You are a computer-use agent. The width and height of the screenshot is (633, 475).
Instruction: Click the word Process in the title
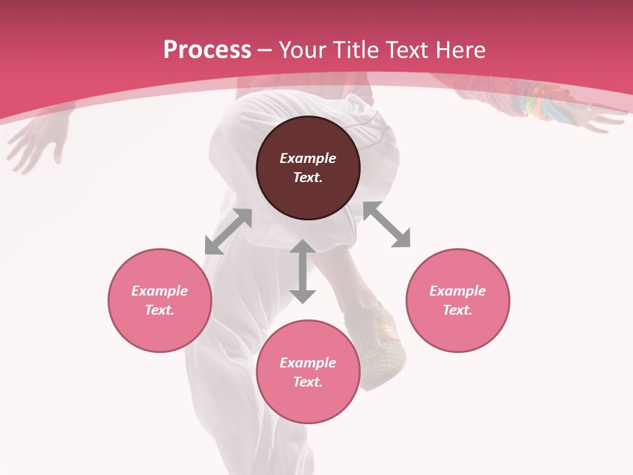(207, 50)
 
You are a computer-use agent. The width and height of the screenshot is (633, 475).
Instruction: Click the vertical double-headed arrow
(303, 271)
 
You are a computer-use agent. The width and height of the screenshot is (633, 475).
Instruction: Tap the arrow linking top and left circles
(228, 232)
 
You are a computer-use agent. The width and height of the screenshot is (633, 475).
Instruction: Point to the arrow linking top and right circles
(386, 224)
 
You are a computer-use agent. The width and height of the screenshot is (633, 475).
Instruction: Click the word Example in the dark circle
(308, 158)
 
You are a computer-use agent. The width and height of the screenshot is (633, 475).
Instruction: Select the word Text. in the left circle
(160, 310)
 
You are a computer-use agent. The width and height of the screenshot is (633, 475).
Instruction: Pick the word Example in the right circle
(458, 291)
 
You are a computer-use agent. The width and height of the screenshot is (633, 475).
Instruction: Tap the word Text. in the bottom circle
(308, 382)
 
